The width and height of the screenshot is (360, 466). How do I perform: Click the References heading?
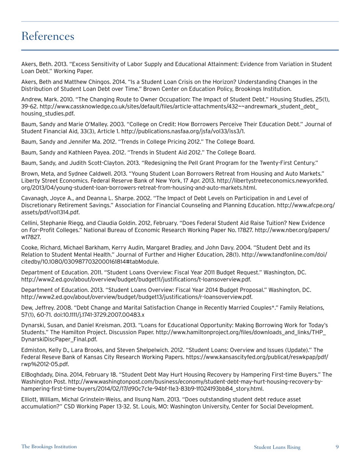click(x=48, y=36)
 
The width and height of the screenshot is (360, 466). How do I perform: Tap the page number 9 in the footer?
click(x=337, y=447)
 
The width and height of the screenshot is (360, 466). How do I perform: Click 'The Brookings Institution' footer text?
click(x=49, y=447)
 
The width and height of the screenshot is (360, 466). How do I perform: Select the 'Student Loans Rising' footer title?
click(x=277, y=447)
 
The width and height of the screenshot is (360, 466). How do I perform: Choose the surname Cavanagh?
click(x=34, y=198)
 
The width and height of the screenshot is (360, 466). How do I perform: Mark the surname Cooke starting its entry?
click(x=30, y=247)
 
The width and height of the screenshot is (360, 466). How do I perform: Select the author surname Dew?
click(x=27, y=308)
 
